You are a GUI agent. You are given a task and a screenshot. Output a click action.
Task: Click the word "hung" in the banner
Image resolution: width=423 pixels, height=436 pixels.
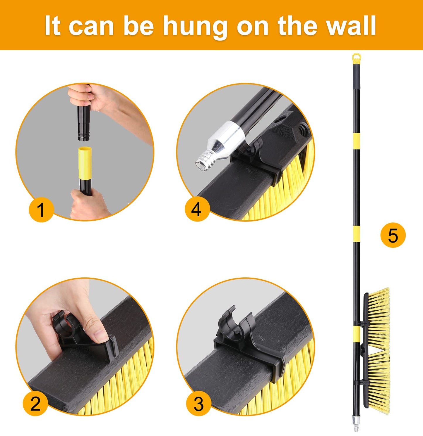(x=195, y=27)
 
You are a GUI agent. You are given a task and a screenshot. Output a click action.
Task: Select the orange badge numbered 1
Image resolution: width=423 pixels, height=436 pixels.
(x=41, y=210)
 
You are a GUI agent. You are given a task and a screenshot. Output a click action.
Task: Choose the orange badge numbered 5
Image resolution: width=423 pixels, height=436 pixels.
(x=393, y=235)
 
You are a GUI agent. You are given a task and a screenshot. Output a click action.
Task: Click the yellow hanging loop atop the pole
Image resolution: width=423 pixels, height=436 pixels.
(x=356, y=58)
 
